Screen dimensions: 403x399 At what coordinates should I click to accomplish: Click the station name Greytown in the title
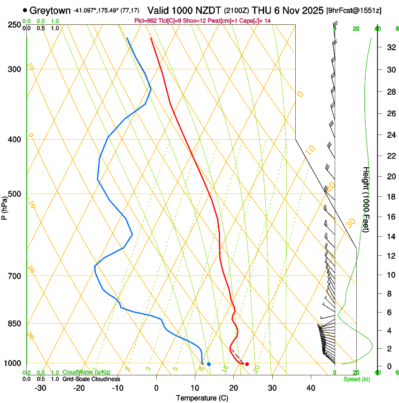[51, 10]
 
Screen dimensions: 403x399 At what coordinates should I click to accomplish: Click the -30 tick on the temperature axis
[40, 388]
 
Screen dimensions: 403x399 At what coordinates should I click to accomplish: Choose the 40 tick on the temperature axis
[310, 388]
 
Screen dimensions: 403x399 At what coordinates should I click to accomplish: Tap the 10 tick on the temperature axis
[195, 388]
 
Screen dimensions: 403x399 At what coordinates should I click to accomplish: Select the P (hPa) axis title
[4, 208]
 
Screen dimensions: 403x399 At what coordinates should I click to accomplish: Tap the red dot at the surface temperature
[247, 364]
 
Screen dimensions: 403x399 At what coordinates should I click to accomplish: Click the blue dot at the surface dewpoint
[209, 364]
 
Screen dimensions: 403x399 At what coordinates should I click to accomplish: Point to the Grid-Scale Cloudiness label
[91, 379]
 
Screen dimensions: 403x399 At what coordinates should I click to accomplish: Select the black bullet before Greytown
[25, 10]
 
